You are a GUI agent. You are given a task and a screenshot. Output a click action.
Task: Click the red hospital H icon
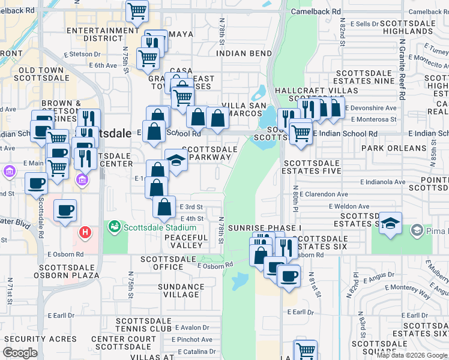click(86, 232)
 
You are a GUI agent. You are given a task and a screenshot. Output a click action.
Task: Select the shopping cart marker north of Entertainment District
click(137, 10)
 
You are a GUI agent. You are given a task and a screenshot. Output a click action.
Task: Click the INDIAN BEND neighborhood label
click(244, 53)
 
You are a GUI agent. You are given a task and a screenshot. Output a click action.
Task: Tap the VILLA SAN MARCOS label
click(244, 110)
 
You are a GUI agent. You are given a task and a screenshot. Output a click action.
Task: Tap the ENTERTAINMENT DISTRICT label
click(103, 34)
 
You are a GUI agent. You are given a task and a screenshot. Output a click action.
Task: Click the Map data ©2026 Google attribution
click(412, 355)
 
